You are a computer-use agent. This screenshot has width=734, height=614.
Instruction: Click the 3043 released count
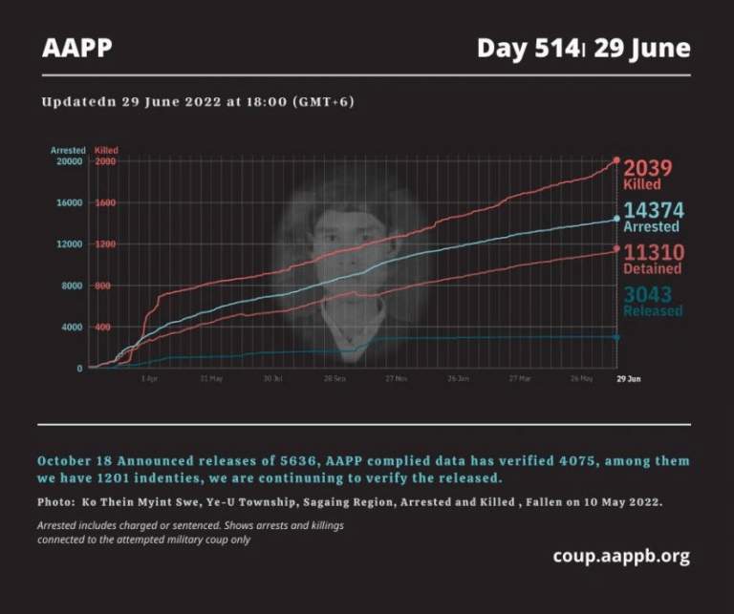click(x=648, y=295)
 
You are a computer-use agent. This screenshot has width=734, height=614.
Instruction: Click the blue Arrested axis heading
click(x=68, y=151)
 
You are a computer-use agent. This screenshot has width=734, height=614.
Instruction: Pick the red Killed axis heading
click(x=106, y=151)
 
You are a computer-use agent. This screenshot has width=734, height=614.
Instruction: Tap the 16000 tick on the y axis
click(x=68, y=202)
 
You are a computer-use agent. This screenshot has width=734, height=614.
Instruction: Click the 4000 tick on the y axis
click(x=71, y=327)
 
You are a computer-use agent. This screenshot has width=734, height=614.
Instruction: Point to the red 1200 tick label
click(x=104, y=244)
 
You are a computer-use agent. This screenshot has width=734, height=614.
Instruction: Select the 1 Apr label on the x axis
click(x=149, y=378)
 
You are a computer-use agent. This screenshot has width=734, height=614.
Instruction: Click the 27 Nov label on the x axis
click(x=396, y=378)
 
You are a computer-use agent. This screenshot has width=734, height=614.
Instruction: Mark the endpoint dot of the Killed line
click(x=616, y=160)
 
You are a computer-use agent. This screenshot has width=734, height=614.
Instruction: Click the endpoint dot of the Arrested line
click(x=616, y=219)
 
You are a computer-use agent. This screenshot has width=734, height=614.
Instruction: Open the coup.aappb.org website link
click(x=620, y=556)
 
